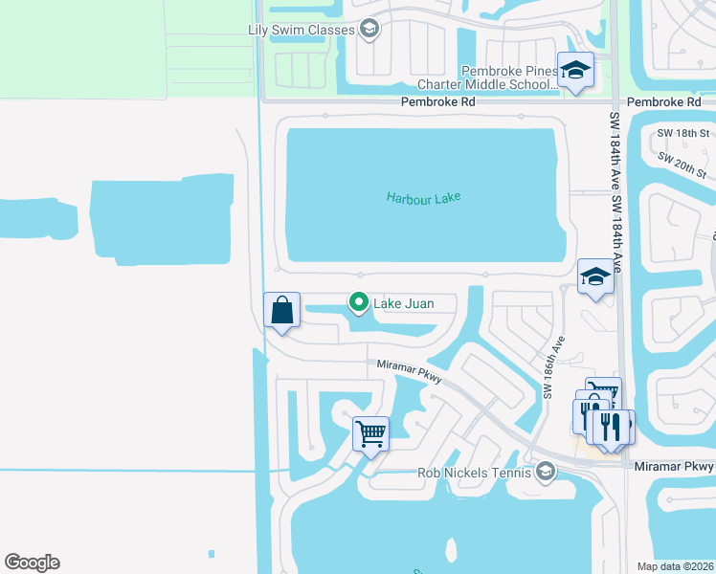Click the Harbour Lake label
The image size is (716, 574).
pos(423,197)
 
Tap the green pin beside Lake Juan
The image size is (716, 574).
pos(359,303)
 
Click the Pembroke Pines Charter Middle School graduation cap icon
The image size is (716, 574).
pos(575,70)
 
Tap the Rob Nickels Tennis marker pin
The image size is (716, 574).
pos(545,472)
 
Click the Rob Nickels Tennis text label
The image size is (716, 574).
pos(475,473)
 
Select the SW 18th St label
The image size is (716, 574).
pos(680,133)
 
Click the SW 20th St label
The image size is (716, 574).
pos(682,166)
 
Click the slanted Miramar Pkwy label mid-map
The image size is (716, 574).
pos(410,371)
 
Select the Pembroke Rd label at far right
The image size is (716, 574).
pos(663,101)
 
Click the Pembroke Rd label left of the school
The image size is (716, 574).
pos(438,101)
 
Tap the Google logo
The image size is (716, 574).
pos(32,563)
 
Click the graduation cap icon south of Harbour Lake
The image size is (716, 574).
pos(594,277)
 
